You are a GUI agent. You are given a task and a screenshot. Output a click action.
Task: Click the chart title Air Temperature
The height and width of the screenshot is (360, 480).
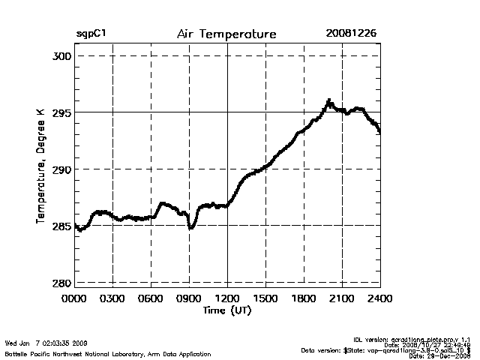[226, 34]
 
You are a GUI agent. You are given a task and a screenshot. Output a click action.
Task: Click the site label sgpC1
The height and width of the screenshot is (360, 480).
[90, 34]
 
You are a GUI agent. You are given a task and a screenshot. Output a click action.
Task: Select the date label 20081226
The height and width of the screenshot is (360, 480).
[351, 34]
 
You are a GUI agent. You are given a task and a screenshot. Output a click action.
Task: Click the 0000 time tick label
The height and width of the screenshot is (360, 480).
[75, 298]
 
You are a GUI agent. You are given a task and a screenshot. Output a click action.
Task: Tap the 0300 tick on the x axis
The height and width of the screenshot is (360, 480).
[112, 298]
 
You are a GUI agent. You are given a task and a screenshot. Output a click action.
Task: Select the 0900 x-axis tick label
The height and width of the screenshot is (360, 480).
[189, 298]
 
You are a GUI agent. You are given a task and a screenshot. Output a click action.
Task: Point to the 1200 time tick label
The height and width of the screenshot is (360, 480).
[227, 298]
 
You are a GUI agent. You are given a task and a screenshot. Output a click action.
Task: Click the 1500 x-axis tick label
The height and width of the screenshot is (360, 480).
[265, 298]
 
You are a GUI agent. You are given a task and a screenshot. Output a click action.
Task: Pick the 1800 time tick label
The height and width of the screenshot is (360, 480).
[304, 298]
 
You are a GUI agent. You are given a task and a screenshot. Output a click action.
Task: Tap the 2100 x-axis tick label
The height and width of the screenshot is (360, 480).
[342, 298]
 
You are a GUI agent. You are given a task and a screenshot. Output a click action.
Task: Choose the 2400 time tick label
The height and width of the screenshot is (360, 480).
[379, 298]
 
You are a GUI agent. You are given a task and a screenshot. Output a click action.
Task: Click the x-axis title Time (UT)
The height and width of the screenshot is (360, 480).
[227, 310]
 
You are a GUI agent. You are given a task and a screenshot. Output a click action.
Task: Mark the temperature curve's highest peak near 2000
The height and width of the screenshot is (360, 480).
[328, 100]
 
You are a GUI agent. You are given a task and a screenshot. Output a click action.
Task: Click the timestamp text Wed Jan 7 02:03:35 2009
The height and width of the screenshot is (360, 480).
[46, 343]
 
